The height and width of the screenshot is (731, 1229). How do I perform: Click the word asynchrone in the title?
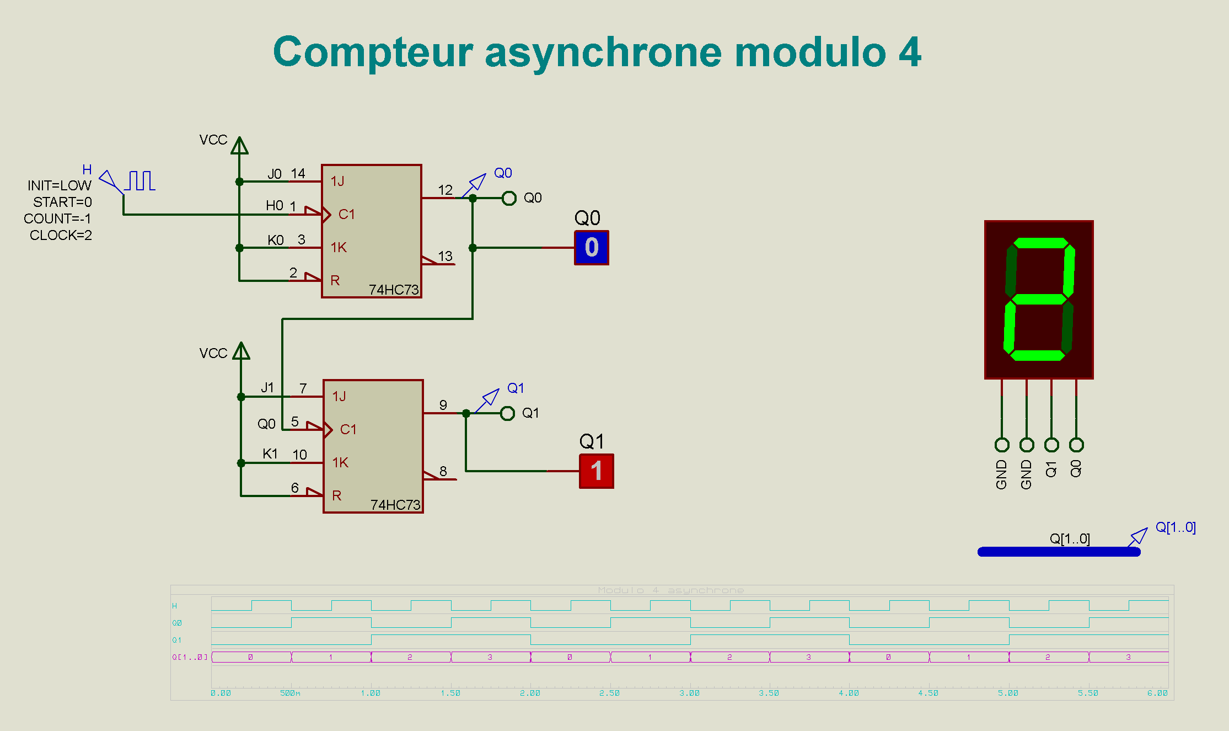point(603,52)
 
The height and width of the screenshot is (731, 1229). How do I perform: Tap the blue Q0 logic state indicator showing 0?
point(592,248)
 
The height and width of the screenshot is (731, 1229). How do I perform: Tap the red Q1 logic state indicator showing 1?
point(596,471)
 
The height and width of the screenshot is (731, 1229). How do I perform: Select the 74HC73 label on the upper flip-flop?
point(394,290)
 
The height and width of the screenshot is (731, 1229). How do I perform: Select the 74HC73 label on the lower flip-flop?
point(395,505)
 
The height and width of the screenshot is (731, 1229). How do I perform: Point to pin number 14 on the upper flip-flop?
point(298,174)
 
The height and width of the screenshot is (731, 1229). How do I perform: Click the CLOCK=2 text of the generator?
point(61,236)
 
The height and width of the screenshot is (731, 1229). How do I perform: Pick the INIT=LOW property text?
point(60,186)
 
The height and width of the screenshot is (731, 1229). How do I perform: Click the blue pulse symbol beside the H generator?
point(141,181)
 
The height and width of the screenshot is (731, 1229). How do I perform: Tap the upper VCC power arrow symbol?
point(239,146)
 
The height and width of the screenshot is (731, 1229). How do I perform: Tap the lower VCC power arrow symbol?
point(241,351)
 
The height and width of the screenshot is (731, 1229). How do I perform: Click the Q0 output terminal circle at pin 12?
point(509,198)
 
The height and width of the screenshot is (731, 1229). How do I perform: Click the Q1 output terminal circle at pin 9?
point(507,413)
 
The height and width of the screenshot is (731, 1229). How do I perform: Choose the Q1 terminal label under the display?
point(1051,469)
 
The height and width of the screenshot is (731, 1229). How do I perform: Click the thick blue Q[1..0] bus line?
point(1059,552)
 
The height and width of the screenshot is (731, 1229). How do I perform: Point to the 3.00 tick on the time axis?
point(689,693)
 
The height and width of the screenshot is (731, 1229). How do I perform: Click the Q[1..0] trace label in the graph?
point(190,657)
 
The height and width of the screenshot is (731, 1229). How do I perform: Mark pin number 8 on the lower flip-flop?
point(443,471)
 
